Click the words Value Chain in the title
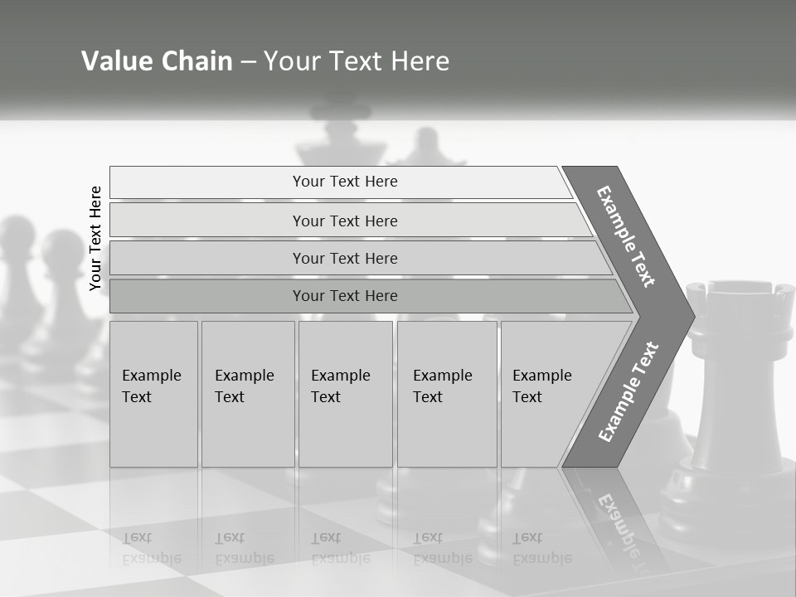tap(157, 61)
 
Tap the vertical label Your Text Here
tap(95, 238)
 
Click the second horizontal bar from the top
tap(345, 221)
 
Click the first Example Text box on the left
tap(153, 393)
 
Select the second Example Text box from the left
tap(247, 393)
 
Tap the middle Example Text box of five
tap(345, 393)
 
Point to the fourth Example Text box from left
tap(446, 393)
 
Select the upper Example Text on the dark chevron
tap(626, 236)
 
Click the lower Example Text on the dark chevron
tap(629, 391)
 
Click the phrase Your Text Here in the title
tap(357, 61)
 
